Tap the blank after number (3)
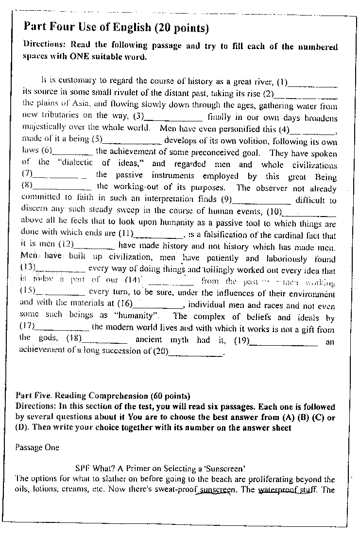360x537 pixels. [x=174, y=118]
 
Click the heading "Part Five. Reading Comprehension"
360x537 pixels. [x=103, y=396]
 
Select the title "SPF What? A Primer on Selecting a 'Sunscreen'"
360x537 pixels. [x=160, y=469]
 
